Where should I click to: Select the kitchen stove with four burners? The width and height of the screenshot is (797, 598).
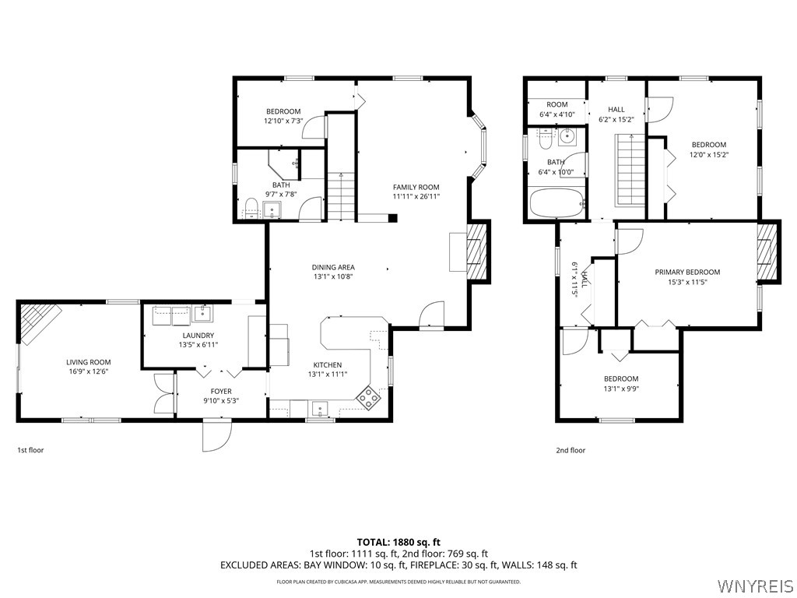coord(368,397)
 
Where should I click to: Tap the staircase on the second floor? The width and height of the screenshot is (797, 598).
coord(631,170)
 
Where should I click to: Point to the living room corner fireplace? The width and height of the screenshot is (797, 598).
coord(39,320)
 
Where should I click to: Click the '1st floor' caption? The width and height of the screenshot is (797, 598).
coord(30,450)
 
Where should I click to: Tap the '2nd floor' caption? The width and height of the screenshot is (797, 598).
coord(571,450)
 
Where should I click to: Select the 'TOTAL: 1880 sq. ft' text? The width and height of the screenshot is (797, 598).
coord(398,542)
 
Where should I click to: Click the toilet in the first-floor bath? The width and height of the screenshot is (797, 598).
coord(251,207)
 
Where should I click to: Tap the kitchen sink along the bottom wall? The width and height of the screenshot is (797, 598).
coord(319,408)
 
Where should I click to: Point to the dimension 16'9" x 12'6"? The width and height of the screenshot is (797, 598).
coord(88,371)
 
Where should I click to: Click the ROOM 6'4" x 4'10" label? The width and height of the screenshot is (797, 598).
coord(556,109)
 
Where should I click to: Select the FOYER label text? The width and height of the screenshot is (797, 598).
coord(221,392)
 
